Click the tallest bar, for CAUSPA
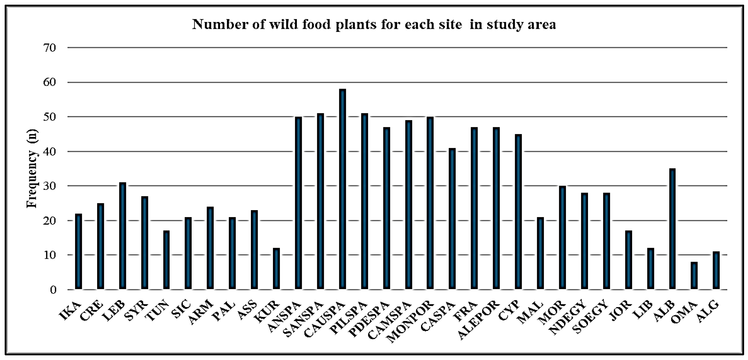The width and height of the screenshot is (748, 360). tap(342, 189)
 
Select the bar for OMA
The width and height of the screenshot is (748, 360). tap(694, 276)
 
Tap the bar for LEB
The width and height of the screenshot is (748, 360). tap(123, 236)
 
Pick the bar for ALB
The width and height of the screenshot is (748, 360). tap(672, 229)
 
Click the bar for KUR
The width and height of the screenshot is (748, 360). tap(276, 269)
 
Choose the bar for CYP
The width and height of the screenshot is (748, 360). tap(518, 212)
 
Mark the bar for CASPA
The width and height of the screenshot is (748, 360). tap(452, 219)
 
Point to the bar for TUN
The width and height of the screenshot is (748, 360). tap(166, 260)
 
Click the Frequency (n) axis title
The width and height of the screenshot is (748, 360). tap(32, 168)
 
